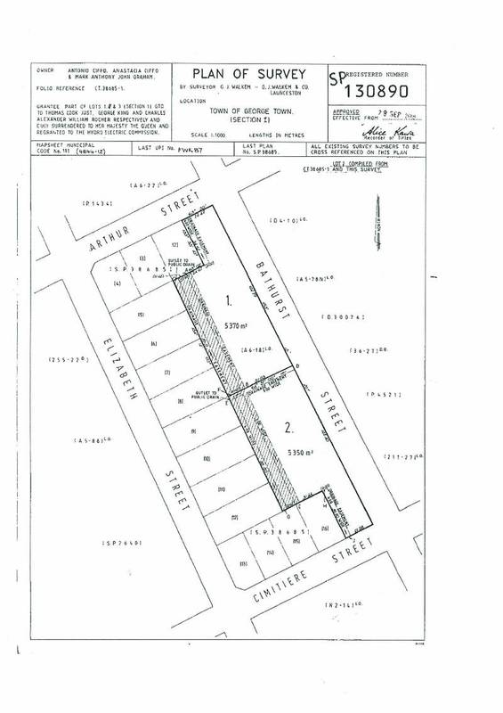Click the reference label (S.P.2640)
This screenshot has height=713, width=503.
pyautogui.click(x=122, y=542)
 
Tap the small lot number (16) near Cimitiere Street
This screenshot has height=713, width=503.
pyautogui.click(x=325, y=529)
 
